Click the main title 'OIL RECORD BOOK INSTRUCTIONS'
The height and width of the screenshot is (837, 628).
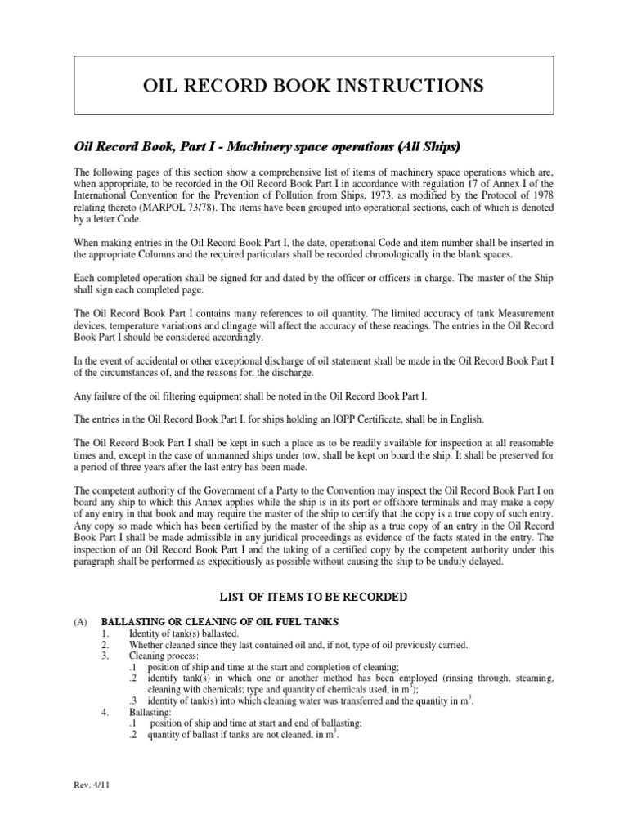(313, 85)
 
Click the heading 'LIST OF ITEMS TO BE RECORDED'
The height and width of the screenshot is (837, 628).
(313, 598)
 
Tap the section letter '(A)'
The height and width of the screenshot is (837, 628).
(80, 622)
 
